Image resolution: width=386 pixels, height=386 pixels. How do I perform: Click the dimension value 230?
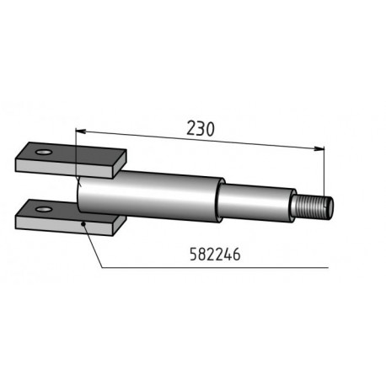point(199,129)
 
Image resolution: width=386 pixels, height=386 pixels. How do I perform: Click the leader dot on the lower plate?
point(83,223)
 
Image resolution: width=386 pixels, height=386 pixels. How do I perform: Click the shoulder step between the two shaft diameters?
point(221,199)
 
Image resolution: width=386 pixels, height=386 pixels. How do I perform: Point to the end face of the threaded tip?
point(331,205)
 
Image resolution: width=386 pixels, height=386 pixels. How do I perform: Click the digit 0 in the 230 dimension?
point(210,129)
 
